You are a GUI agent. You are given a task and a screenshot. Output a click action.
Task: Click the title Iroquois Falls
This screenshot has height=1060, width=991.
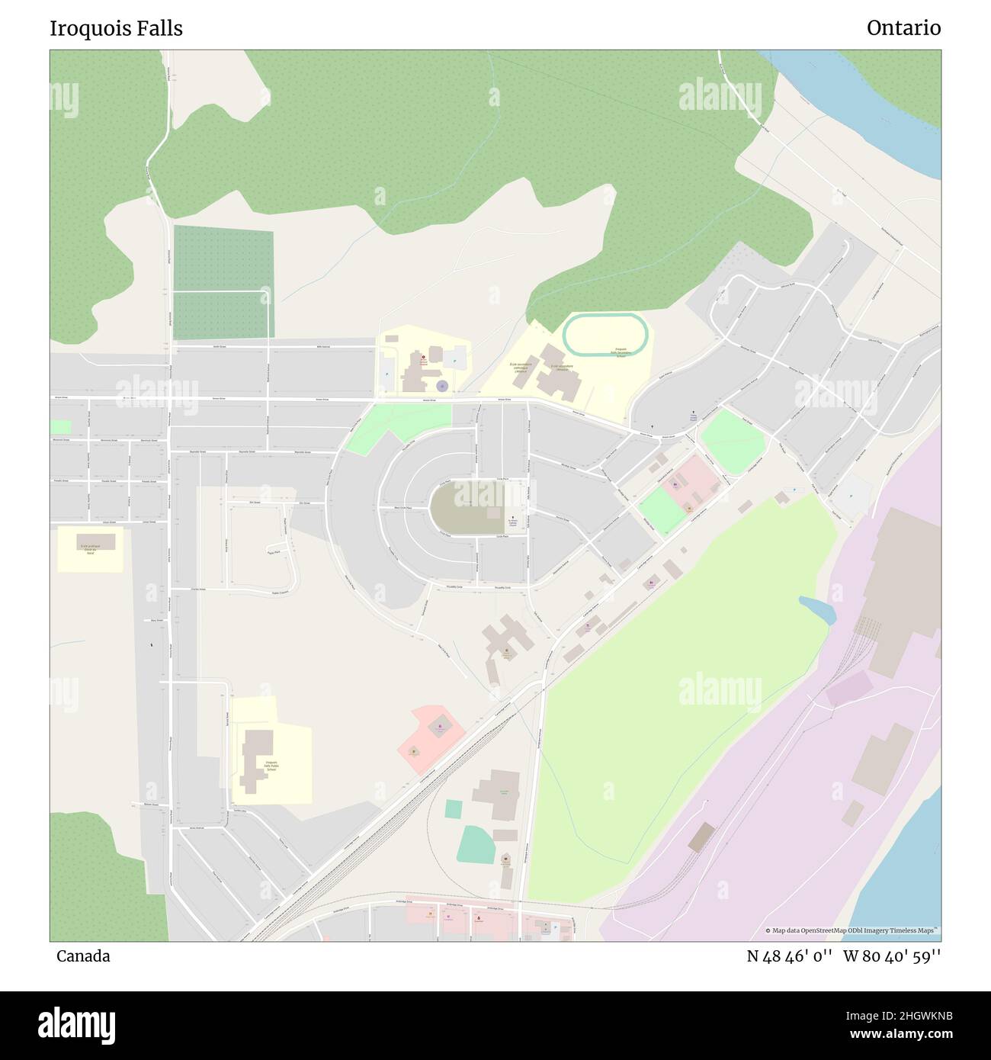(x=116, y=28)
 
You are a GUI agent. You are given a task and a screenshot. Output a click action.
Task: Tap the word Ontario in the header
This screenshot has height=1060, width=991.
(x=903, y=28)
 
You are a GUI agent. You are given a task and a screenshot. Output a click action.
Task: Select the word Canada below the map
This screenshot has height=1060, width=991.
(x=83, y=956)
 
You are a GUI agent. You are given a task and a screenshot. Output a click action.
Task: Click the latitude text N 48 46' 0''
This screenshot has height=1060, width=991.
(x=790, y=956)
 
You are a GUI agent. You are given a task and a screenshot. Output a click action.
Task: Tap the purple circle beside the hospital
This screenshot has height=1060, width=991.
(x=441, y=386)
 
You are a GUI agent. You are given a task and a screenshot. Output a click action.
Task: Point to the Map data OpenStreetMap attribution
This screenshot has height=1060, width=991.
(x=852, y=930)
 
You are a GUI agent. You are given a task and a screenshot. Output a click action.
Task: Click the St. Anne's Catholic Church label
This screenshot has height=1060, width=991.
(x=513, y=525)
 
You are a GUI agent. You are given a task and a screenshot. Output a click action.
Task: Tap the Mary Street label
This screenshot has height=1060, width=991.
(x=157, y=621)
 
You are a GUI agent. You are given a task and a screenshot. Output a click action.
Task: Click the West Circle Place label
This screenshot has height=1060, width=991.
(x=402, y=508)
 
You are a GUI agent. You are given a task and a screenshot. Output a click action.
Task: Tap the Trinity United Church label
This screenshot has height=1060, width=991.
(x=693, y=418)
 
